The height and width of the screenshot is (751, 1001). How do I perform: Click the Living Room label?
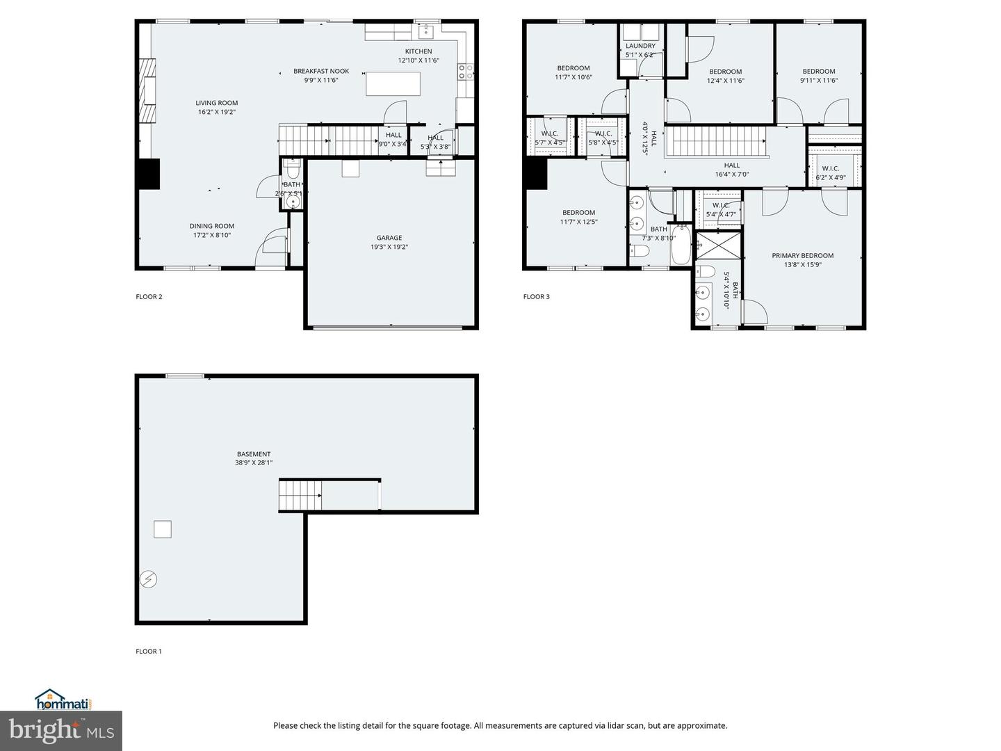[x=216, y=103]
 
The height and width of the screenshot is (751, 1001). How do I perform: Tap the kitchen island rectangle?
[x=393, y=83]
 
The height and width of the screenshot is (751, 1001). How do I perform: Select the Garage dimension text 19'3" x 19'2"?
[x=389, y=247]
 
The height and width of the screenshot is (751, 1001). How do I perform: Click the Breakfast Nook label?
[x=320, y=71]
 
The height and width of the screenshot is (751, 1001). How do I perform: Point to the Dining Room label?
[x=211, y=226]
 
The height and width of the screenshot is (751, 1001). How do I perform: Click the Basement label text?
[x=253, y=454]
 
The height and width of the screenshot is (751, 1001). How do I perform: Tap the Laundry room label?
[x=640, y=46]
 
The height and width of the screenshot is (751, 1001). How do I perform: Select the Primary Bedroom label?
[x=802, y=255]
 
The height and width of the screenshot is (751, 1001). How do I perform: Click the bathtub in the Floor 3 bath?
[x=681, y=247]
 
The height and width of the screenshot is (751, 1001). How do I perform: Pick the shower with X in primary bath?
[x=719, y=245]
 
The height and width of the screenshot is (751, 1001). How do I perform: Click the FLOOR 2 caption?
[x=149, y=297]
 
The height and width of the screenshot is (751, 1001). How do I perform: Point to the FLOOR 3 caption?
[x=536, y=297]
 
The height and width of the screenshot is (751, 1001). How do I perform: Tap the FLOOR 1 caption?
[x=148, y=652]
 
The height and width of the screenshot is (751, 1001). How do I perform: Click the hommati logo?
[x=63, y=700]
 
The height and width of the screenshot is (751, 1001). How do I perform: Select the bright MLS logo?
[x=61, y=731]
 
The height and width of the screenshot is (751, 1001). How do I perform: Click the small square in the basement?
[x=162, y=529]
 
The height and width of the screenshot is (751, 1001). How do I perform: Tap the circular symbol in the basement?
[x=148, y=579]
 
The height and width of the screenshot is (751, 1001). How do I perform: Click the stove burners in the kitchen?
[x=465, y=70]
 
